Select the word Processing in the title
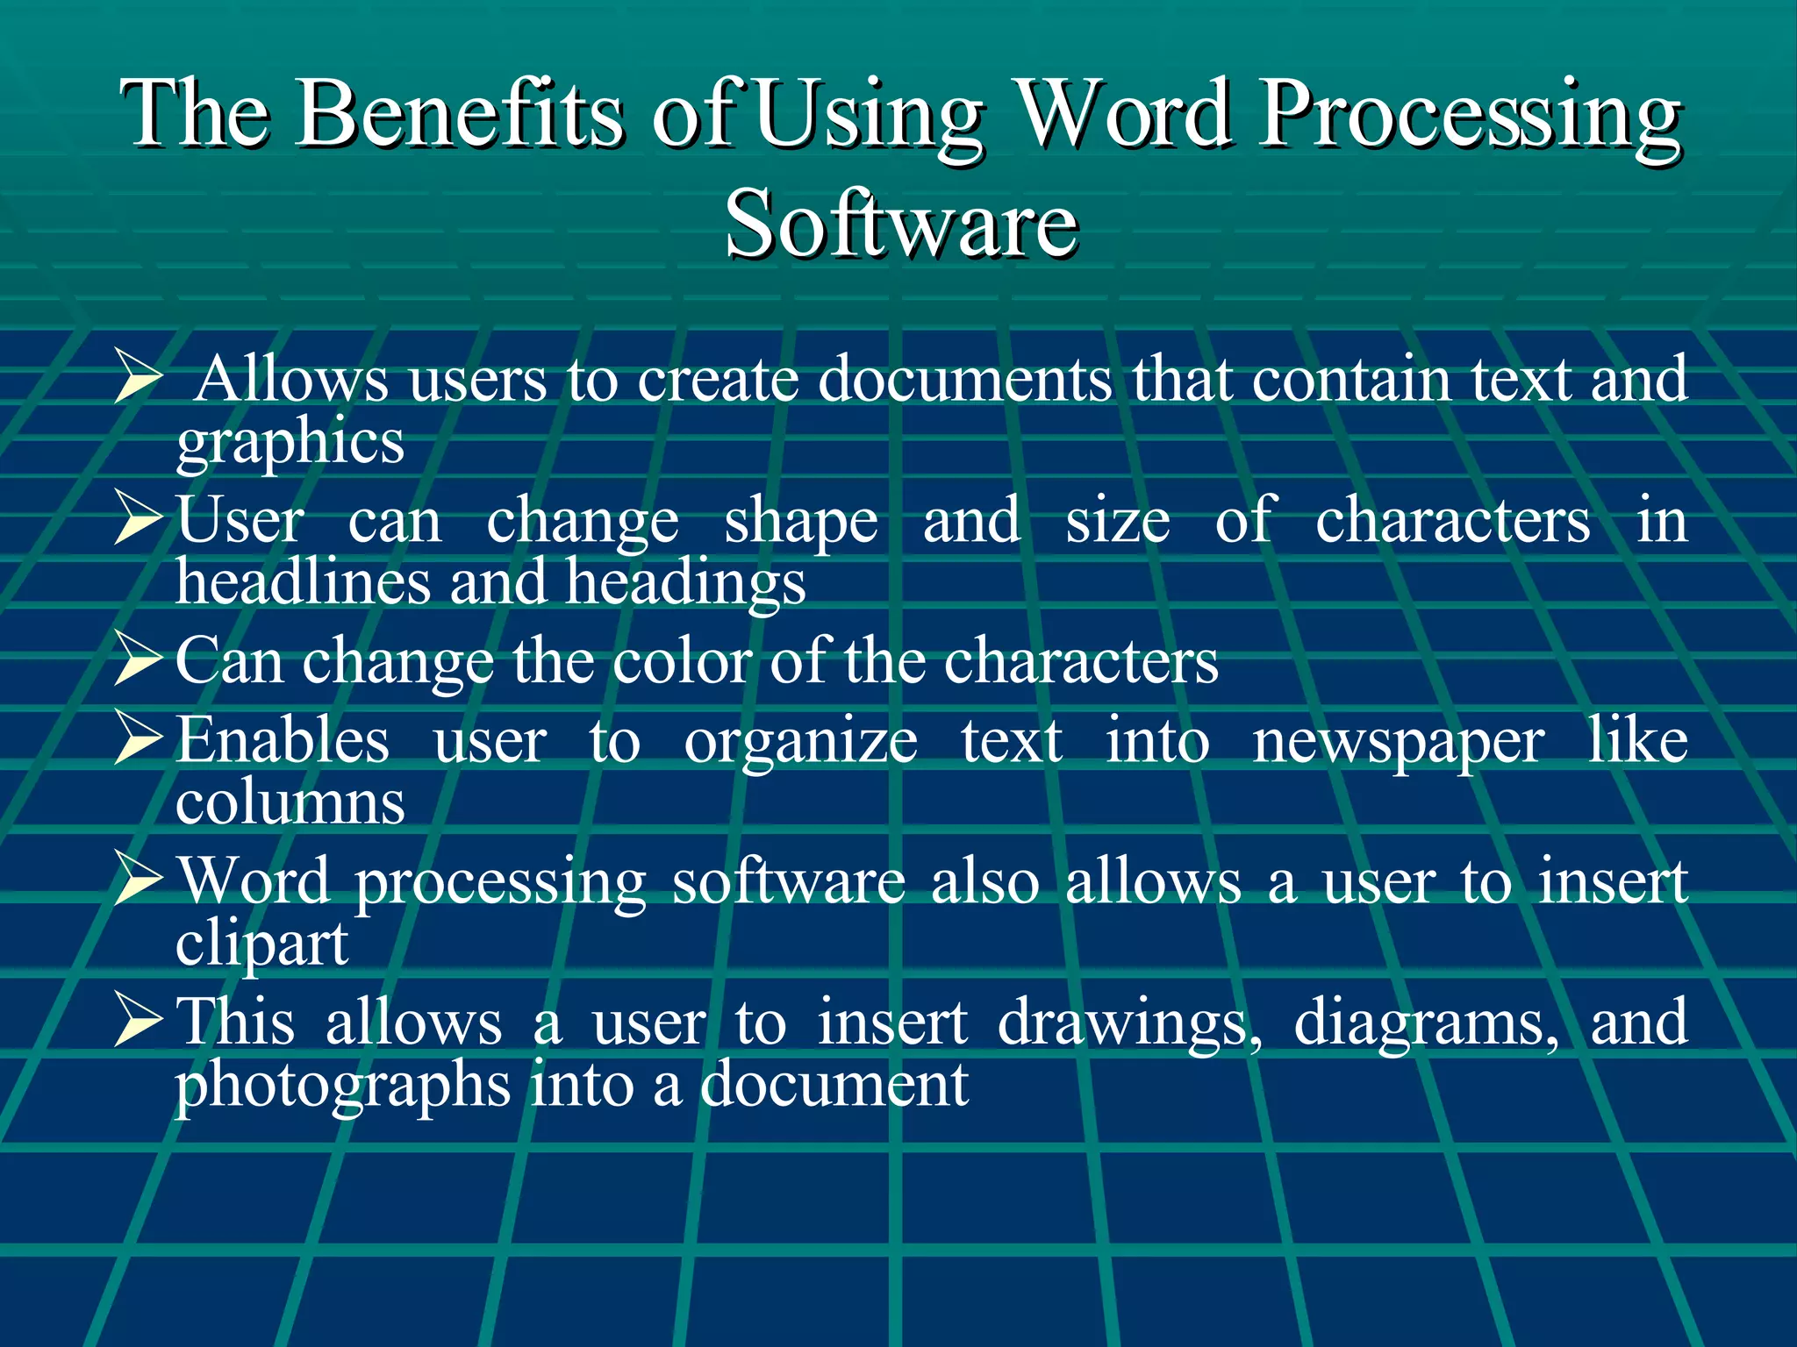(x=1470, y=117)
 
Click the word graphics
(x=290, y=443)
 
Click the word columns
(x=290, y=802)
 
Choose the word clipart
(x=261, y=945)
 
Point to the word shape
(x=800, y=523)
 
